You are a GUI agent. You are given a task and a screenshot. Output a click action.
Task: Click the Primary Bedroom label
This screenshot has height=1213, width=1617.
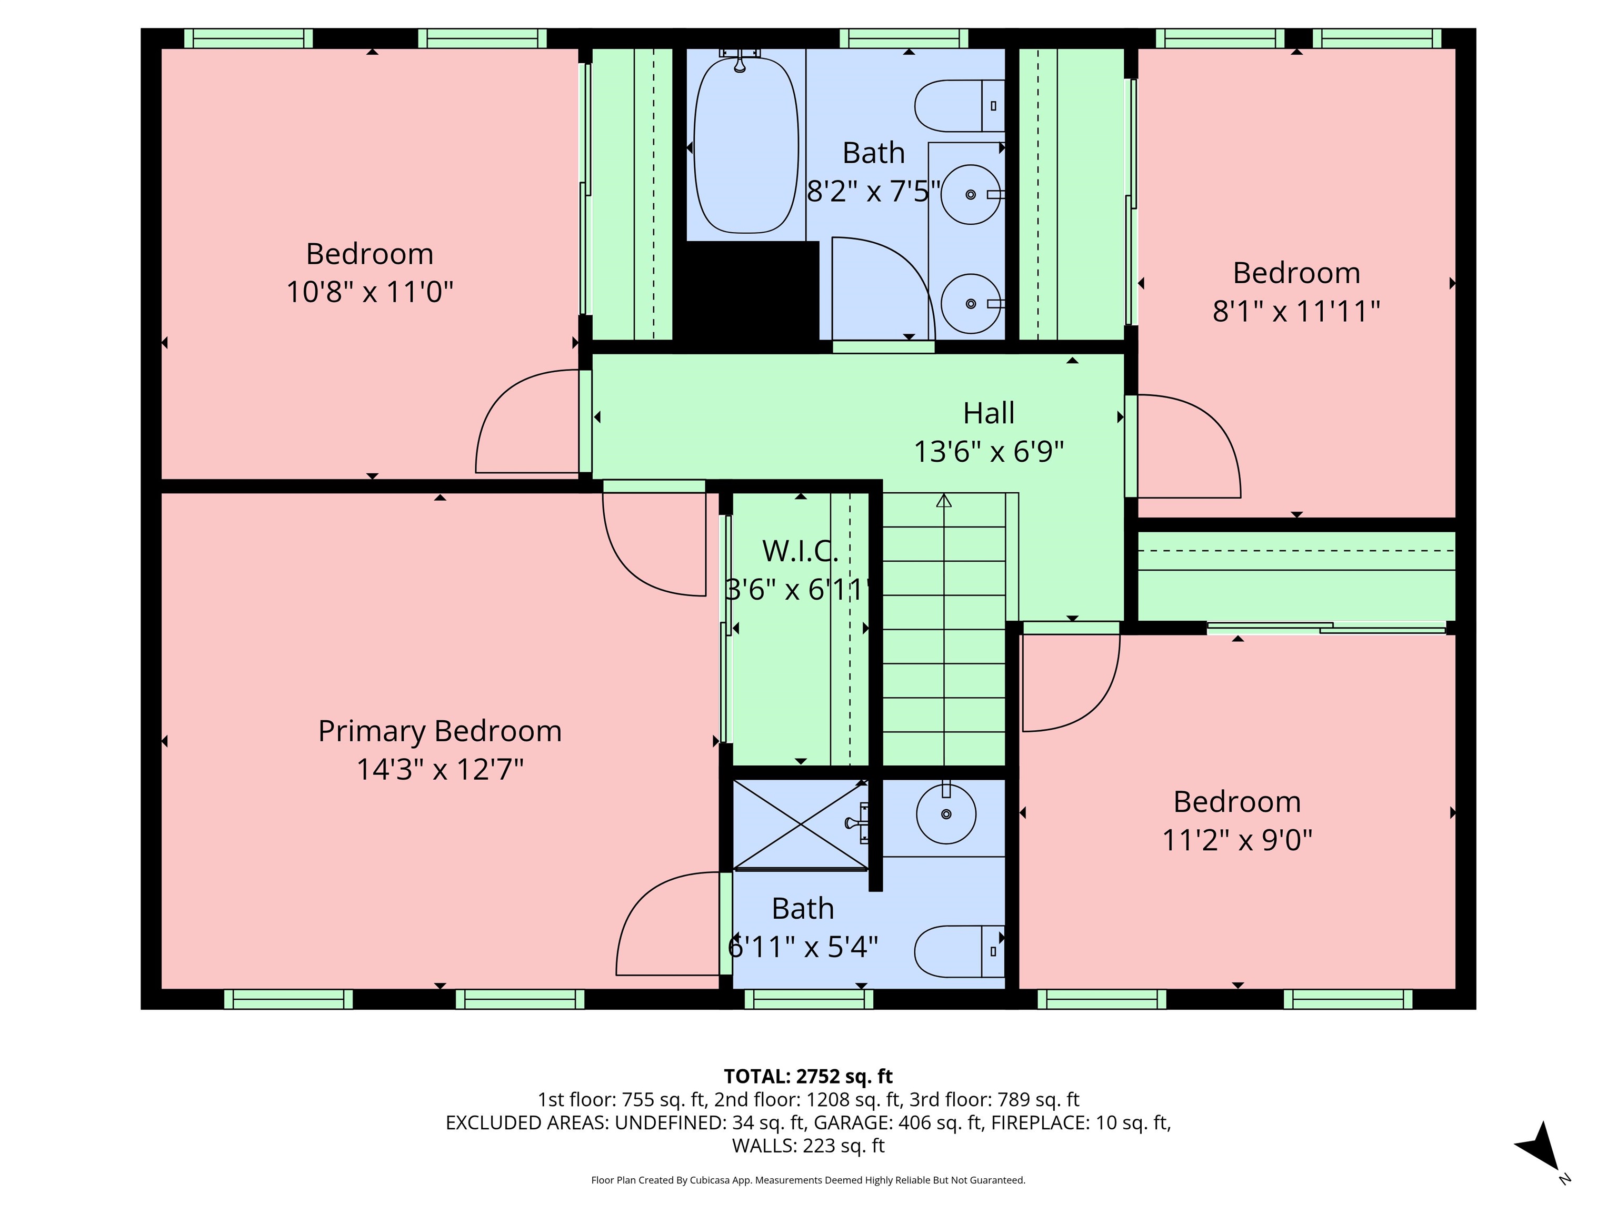point(440,731)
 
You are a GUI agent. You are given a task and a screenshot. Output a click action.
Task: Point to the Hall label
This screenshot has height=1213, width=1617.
point(989,413)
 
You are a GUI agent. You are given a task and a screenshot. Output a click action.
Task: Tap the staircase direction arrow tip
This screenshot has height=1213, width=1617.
point(944,500)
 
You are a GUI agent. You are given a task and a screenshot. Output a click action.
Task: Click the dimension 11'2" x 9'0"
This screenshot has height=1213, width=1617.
point(1237,840)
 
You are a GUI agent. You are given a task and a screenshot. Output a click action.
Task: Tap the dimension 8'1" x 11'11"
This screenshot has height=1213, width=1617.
point(1295,311)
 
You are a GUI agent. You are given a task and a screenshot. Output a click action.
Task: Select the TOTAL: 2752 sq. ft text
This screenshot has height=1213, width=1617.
point(808,1076)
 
